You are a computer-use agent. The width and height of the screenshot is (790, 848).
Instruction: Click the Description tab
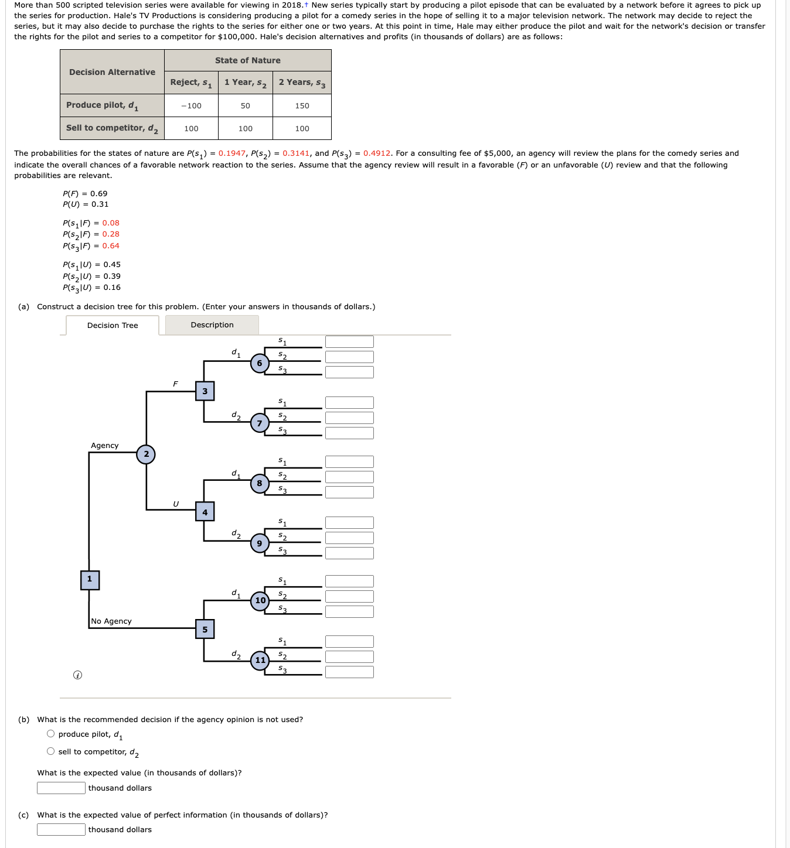click(212, 325)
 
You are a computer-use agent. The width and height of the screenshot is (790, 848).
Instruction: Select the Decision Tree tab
click(113, 326)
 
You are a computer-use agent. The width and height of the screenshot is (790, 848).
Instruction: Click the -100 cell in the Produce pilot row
click(191, 106)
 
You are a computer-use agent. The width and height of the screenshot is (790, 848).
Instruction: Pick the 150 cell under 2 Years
click(302, 106)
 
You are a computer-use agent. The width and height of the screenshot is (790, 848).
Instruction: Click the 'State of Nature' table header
click(247, 60)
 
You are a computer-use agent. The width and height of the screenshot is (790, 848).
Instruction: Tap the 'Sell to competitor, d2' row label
click(112, 128)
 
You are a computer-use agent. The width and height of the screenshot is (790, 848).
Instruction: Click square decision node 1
click(90, 580)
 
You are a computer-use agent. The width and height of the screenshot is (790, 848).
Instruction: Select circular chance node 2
click(146, 454)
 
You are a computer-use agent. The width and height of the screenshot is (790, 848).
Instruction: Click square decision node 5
click(205, 630)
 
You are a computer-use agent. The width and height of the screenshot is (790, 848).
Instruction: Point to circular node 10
click(260, 600)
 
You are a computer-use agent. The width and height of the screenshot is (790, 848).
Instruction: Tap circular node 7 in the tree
click(260, 423)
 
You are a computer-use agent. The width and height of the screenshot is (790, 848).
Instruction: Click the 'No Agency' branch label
click(111, 621)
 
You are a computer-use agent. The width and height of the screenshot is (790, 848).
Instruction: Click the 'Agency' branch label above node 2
click(104, 446)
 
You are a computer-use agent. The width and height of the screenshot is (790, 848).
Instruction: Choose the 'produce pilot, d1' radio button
click(51, 734)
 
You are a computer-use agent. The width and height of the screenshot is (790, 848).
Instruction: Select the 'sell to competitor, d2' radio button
click(51, 751)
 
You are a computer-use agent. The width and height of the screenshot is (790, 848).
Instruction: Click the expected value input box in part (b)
click(61, 788)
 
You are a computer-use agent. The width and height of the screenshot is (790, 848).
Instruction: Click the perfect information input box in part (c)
click(61, 830)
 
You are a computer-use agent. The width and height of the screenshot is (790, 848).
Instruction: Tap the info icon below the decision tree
click(77, 675)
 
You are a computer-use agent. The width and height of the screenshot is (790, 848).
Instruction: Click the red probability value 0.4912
click(376, 153)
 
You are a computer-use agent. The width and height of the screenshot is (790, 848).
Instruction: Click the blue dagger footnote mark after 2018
click(306, 5)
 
